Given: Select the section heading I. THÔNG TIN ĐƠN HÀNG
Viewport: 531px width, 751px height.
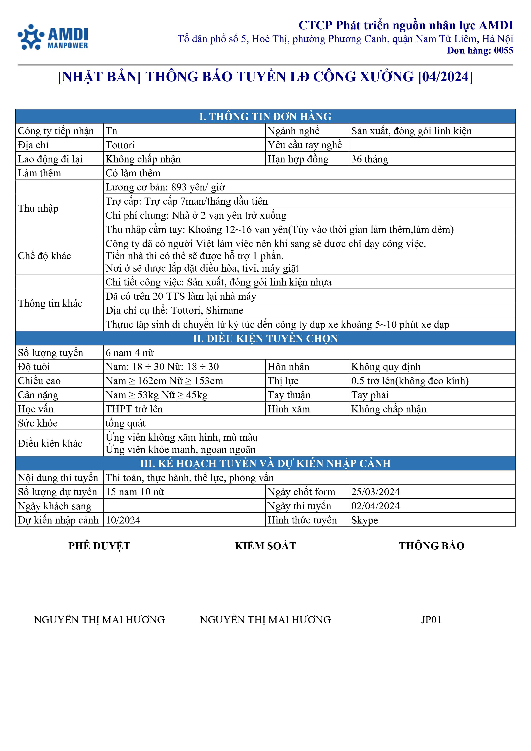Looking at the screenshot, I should click(x=265, y=116).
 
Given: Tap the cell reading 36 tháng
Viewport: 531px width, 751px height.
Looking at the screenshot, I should click(x=369, y=159).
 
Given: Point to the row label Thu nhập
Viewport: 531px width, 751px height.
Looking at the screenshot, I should click(x=38, y=208).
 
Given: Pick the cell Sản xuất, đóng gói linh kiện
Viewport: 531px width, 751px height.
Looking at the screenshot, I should click(x=411, y=131).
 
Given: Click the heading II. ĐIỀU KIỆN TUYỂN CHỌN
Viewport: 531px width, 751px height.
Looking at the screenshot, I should click(x=265, y=338).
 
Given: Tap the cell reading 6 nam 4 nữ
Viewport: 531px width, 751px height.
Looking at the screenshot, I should click(x=129, y=353).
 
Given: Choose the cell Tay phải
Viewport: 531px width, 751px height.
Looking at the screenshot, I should click(x=370, y=395).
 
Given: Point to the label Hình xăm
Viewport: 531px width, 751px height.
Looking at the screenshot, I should click(x=289, y=409).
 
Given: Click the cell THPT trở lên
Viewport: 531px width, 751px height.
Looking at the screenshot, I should click(x=134, y=409).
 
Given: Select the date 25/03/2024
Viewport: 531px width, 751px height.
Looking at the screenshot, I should click(x=375, y=492).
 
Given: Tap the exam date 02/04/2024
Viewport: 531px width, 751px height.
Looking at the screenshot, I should click(x=375, y=506).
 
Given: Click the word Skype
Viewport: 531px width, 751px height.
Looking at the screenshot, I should click(x=364, y=520).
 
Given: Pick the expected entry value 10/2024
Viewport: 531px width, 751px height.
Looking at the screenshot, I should click(x=123, y=520).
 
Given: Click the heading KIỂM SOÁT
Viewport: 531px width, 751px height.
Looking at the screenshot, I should click(x=265, y=546).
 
